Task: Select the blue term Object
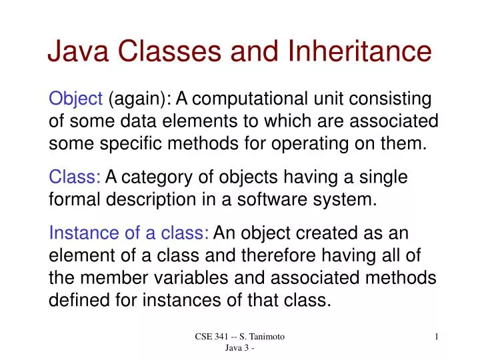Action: pos(75,99)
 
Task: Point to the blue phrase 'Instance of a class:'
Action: pos(129,233)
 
